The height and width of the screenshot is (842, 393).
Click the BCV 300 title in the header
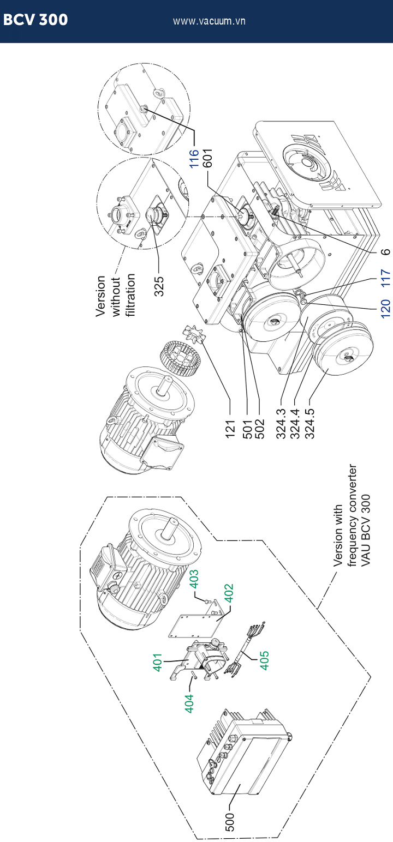(x=35, y=20)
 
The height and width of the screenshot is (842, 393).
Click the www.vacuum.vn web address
(x=209, y=21)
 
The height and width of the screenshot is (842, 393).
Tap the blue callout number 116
(x=194, y=158)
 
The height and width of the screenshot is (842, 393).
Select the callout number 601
(x=207, y=158)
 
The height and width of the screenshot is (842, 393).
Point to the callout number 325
(x=159, y=286)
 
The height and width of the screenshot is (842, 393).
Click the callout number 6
(x=386, y=251)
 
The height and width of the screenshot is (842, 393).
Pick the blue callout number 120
(x=386, y=309)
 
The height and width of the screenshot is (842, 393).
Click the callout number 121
(x=230, y=429)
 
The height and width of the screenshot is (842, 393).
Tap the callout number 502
(x=259, y=429)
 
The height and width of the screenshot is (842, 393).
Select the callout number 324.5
(x=309, y=424)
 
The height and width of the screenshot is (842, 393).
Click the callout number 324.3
(x=281, y=424)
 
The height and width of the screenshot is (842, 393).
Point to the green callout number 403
(x=194, y=579)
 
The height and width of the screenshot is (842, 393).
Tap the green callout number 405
(x=264, y=660)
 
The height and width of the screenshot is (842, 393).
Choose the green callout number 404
(x=189, y=703)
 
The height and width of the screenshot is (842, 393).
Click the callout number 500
(x=229, y=822)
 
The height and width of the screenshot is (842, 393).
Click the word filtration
(x=130, y=295)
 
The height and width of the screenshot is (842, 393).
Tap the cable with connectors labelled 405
(x=245, y=648)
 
